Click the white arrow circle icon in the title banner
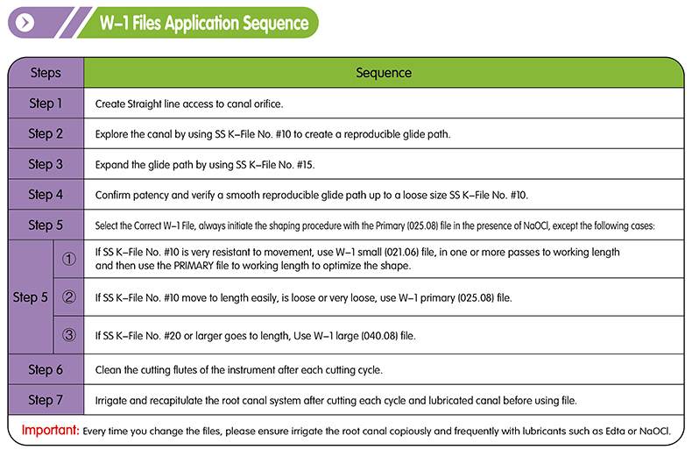click(x=25, y=23)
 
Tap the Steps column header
click(x=46, y=73)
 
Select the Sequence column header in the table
click(x=384, y=73)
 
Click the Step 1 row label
click(x=46, y=104)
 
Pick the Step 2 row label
click(x=46, y=133)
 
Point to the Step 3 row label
click(x=46, y=164)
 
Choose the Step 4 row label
click(x=46, y=195)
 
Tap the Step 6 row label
click(x=46, y=369)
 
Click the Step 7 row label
click(x=46, y=400)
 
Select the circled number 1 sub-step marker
click(x=69, y=259)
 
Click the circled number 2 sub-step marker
click(x=69, y=297)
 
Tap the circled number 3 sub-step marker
click(x=69, y=335)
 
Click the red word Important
click(x=50, y=430)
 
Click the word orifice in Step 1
click(x=268, y=104)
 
